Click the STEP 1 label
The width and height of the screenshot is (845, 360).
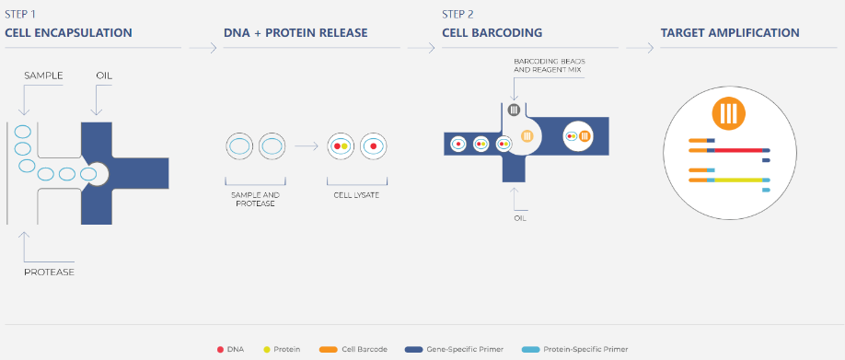pos(20,15)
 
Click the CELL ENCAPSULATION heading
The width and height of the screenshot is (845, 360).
pos(68,33)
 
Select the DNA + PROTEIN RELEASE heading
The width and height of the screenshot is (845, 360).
pos(295,33)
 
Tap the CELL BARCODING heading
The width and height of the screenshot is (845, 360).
pos(492,33)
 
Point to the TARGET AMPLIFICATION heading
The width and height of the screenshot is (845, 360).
pos(730,33)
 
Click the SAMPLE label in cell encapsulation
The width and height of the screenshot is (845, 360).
pos(43,75)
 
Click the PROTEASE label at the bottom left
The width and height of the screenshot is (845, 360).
pos(49,273)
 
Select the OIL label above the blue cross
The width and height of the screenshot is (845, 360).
pos(104,75)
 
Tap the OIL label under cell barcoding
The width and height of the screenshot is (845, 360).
pos(520,218)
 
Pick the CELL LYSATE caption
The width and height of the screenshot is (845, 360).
pos(357,195)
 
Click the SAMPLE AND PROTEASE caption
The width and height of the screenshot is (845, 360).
pos(256,200)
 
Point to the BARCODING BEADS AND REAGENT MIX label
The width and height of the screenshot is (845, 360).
pos(550,65)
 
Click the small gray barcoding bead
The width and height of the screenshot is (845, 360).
pos(515,110)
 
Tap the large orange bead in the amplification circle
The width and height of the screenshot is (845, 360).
pos(728,114)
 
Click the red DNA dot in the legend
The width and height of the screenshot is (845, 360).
pos(220,349)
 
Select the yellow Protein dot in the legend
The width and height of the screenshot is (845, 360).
pos(266,349)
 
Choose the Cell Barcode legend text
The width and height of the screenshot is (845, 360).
pos(365,349)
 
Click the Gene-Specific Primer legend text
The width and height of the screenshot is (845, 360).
pos(465,349)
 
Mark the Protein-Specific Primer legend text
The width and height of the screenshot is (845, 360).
pos(585,349)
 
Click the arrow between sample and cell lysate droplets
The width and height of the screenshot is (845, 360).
pos(307,146)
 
